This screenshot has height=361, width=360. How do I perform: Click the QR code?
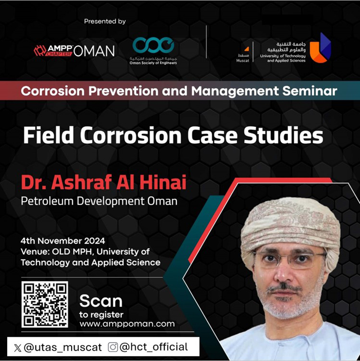click(x=45, y=304)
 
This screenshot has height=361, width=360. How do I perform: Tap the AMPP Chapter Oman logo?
click(x=74, y=51)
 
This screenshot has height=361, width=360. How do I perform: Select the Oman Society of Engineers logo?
click(x=153, y=51)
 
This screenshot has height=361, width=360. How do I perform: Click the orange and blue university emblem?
click(x=320, y=48)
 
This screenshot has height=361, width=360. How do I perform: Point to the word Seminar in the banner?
click(x=310, y=91)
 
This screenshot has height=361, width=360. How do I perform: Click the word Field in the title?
click(x=49, y=135)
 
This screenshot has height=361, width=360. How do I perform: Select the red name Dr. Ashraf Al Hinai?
click(x=103, y=183)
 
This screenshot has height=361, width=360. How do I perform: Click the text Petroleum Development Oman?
click(x=99, y=201)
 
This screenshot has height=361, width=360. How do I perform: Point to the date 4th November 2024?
click(x=63, y=241)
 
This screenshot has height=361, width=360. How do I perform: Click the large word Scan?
click(x=101, y=301)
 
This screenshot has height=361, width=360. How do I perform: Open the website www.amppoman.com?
click(x=127, y=324)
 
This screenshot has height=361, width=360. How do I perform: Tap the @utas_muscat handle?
click(x=63, y=348)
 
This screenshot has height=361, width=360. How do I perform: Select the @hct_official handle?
click(x=153, y=347)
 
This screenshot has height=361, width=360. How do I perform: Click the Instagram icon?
click(x=113, y=347)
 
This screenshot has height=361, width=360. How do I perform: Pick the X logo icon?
click(x=18, y=348)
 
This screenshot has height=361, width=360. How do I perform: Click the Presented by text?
click(x=105, y=21)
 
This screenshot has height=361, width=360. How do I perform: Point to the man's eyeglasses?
click(x=290, y=259)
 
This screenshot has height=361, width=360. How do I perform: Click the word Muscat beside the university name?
click(x=243, y=61)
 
